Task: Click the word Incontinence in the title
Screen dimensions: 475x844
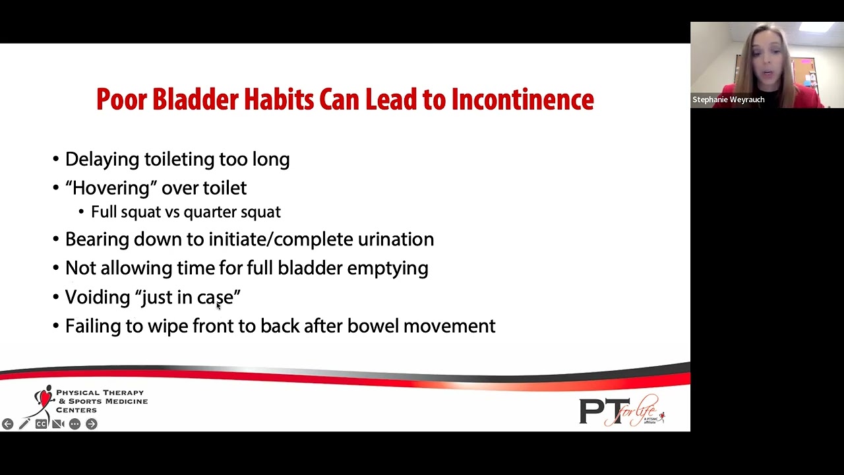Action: click(522, 100)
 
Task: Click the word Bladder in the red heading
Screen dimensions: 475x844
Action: click(195, 100)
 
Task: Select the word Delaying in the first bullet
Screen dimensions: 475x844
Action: click(102, 160)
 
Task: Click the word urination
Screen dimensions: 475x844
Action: click(396, 239)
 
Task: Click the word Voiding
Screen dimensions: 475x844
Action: click(98, 298)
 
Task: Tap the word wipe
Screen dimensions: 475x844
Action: click(167, 327)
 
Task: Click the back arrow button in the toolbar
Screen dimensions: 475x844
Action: click(7, 424)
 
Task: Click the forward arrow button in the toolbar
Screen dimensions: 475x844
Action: click(92, 424)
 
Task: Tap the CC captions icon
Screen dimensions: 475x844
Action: click(41, 424)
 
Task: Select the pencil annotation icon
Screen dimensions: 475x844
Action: click(24, 424)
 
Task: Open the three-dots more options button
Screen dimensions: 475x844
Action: click(75, 424)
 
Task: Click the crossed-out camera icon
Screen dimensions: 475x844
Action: click(58, 424)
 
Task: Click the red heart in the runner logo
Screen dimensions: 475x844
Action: click(45, 397)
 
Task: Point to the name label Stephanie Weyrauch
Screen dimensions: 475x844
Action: click(728, 100)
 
